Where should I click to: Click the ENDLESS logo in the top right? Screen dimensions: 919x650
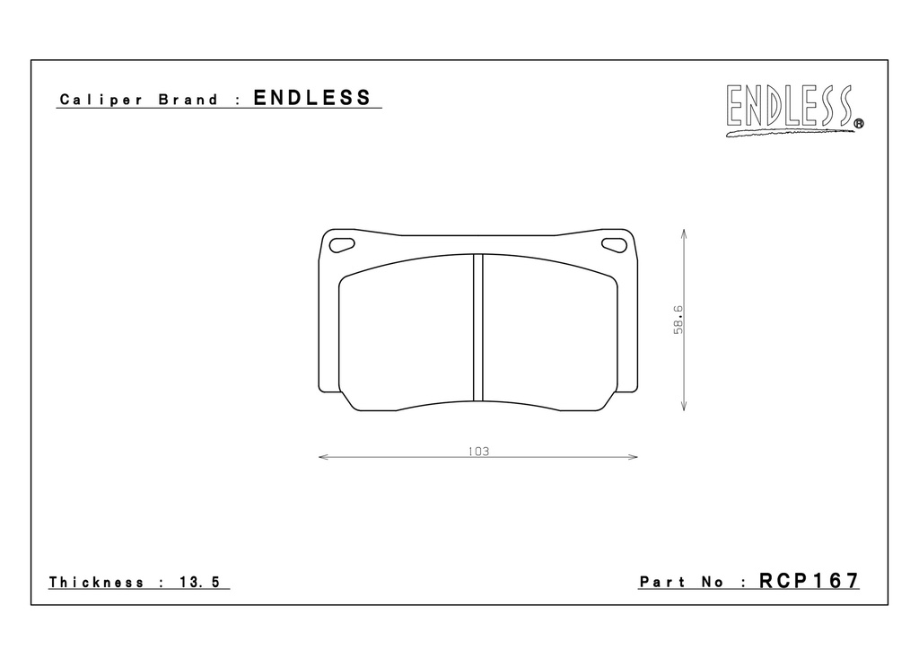coord(794,110)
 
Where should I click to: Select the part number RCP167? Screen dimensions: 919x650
coord(809,581)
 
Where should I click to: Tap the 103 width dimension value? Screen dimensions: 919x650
coord(479,452)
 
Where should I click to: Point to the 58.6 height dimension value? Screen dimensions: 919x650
coord(678,320)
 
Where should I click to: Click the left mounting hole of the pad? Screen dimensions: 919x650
coord(342,244)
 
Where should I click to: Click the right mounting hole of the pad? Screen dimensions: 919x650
coord(614,244)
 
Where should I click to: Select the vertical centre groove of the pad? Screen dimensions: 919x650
coord(477,327)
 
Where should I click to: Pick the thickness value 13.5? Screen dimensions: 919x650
coord(200,582)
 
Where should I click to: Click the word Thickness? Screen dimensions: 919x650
coord(96,582)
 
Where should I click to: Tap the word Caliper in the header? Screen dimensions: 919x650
coord(101,100)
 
